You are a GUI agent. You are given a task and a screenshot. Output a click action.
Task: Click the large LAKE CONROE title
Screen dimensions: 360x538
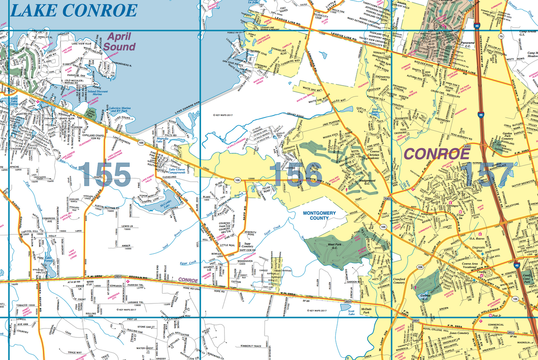[73, 10]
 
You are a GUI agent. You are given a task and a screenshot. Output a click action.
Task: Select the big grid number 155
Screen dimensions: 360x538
[106, 174]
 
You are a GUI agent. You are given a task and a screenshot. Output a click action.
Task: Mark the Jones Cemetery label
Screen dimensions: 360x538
[459, 333]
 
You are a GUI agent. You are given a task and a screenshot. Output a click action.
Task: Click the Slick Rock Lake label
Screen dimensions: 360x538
[375, 111]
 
